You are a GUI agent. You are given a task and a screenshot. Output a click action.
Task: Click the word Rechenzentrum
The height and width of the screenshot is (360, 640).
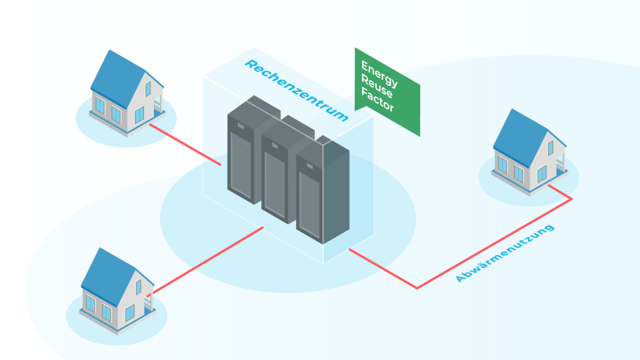[x=296, y=91]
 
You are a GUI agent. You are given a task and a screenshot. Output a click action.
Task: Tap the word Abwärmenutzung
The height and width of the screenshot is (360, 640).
[x=504, y=254]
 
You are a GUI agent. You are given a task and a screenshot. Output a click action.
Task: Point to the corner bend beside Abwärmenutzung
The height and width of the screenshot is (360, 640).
[x=417, y=288]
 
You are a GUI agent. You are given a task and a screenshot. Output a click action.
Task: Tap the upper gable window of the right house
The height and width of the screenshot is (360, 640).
[x=551, y=148]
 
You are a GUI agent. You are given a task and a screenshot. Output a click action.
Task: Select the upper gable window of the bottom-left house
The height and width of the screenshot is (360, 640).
[x=139, y=287]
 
